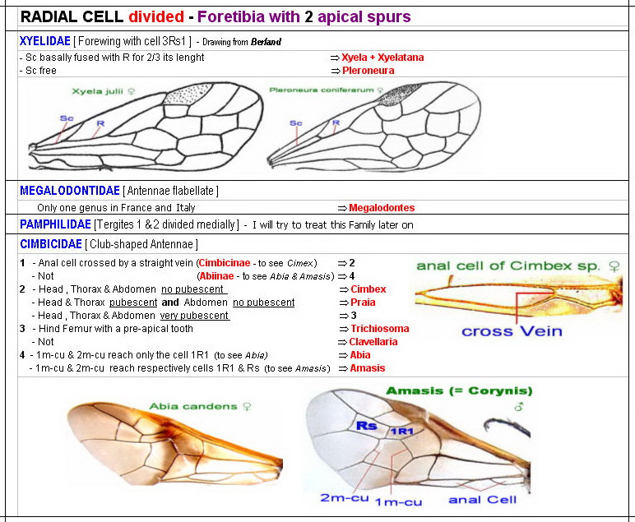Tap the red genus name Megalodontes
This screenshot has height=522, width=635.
tap(382, 208)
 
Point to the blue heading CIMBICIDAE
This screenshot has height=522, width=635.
tap(50, 244)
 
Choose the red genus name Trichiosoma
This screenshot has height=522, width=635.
tap(379, 329)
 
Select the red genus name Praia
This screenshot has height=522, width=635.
tap(363, 303)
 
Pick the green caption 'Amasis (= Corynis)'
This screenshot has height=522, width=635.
tap(459, 390)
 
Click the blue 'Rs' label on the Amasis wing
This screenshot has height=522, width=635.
tap(367, 426)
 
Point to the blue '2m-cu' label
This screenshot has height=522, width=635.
tap(345, 498)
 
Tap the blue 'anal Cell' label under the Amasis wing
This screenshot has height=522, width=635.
tap(483, 499)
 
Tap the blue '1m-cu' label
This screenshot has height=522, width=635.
tap(398, 501)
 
